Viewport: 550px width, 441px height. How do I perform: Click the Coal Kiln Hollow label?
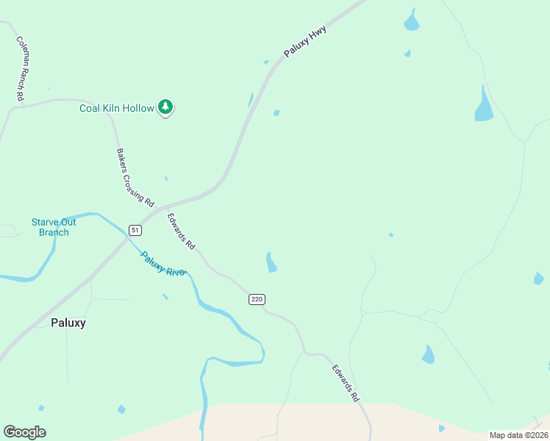click(x=117, y=108)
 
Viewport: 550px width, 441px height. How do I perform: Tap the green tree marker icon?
click(x=166, y=107)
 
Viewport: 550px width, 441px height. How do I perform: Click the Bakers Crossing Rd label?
click(x=135, y=177)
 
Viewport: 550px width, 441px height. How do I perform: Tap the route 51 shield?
click(x=135, y=230)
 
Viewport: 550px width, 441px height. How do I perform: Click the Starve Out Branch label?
click(x=54, y=227)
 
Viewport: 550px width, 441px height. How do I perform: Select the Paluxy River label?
click(x=164, y=263)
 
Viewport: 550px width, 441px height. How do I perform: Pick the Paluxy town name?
click(x=68, y=323)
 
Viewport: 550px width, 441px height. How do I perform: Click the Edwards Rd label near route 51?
click(x=181, y=231)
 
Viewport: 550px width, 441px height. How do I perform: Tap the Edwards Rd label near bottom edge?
click(x=345, y=383)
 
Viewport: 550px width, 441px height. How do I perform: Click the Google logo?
click(x=24, y=432)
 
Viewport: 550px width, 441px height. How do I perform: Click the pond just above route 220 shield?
click(x=271, y=262)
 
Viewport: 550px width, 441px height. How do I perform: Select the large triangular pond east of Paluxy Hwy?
click(x=483, y=107)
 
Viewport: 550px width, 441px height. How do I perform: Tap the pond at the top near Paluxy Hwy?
click(x=411, y=22)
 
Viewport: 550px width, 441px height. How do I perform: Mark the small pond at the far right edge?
click(x=539, y=279)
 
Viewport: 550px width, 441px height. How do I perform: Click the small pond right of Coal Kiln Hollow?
click(x=276, y=113)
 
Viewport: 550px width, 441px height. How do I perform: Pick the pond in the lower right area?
click(x=428, y=355)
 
